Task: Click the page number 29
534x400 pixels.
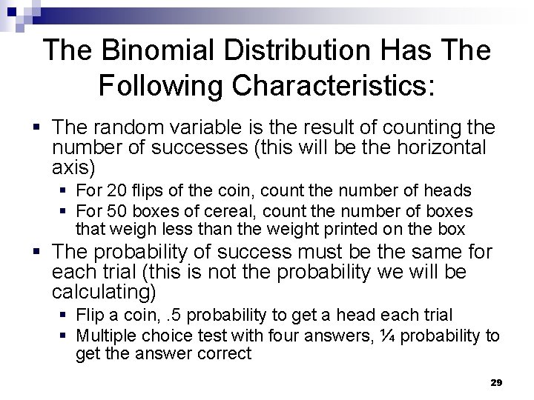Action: click(x=497, y=381)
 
